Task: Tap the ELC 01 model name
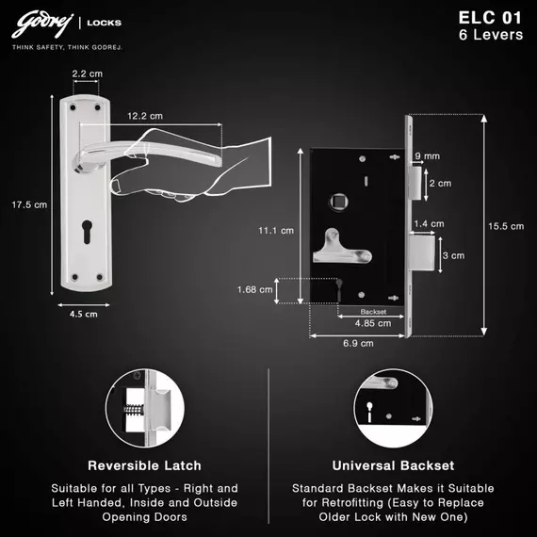tap(490, 18)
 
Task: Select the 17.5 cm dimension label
tap(29, 204)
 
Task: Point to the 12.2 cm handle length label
tap(145, 116)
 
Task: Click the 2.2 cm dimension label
tap(87, 73)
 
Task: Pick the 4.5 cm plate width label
tap(83, 314)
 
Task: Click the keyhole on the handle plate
tap(87, 232)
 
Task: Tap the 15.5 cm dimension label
tap(506, 226)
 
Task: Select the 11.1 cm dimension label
tap(276, 231)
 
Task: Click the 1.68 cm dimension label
tap(254, 290)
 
